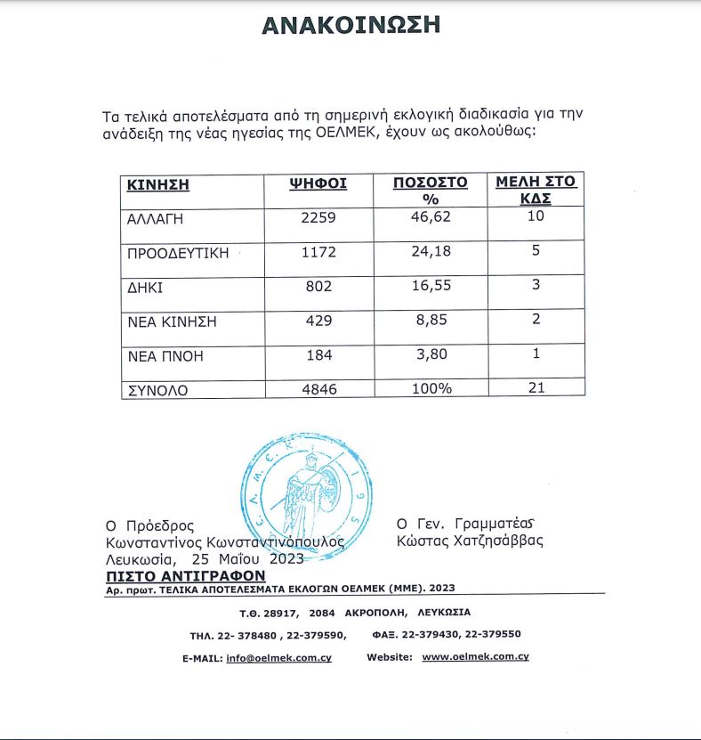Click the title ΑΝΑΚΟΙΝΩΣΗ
pos(350,25)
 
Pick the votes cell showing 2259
pos(318,216)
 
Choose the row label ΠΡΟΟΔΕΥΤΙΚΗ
pos(179,253)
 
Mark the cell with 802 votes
pos(318,288)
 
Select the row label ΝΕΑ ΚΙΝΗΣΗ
pos(173,321)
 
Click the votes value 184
pos(318,355)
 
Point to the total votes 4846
pos(318,388)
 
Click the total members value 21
pos(536,387)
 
